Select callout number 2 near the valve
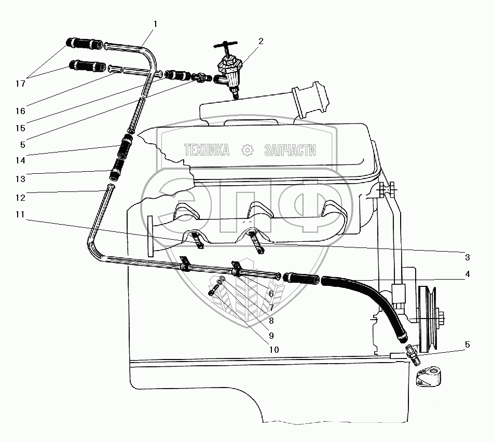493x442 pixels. pos(261,41)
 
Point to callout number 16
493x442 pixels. pos(21,111)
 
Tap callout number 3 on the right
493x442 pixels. pos(467,257)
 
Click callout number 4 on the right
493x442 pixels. pos(467,274)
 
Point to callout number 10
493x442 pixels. pos(273,350)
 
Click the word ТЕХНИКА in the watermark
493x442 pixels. pos(207,150)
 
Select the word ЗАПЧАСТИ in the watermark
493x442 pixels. pos(290,150)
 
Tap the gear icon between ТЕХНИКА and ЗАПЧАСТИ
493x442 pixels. pos(248,150)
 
